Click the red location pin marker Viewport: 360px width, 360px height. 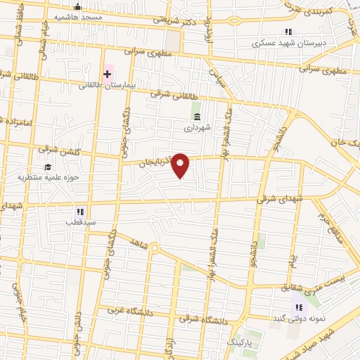(181, 165)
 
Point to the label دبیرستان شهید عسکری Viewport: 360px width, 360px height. (288, 42)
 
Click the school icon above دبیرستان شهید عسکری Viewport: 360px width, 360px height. (288, 32)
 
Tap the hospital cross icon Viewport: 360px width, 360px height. (108, 72)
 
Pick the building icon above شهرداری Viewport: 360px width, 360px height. (196, 117)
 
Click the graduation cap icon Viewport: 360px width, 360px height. (47, 167)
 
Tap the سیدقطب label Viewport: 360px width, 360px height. (80, 222)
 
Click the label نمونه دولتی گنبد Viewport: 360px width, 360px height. (300, 319)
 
